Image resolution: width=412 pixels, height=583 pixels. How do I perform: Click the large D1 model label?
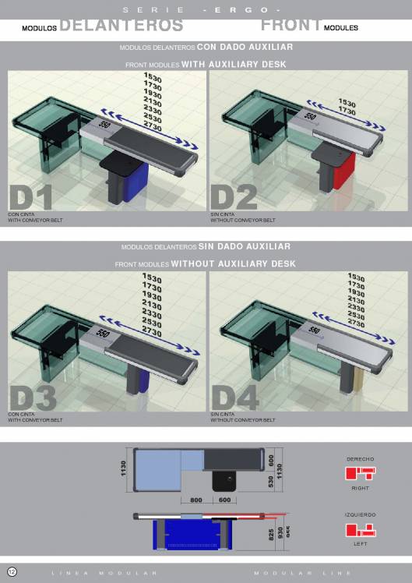click(x=31, y=198)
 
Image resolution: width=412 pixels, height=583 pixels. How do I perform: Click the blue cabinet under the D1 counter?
click(x=137, y=185)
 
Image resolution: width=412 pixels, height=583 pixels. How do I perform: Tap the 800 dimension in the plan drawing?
click(x=195, y=500)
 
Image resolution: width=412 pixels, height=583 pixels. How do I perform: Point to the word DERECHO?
click(x=360, y=459)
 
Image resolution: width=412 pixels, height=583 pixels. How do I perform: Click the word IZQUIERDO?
click(x=360, y=515)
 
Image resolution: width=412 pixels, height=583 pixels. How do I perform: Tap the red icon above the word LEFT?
click(x=360, y=530)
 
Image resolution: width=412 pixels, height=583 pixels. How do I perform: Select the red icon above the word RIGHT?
click(x=360, y=473)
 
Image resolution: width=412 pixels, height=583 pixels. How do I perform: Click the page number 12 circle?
click(x=12, y=572)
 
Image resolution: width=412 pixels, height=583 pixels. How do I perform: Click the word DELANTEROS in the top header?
click(x=121, y=25)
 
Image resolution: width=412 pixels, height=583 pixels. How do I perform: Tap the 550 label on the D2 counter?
click(x=310, y=117)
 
